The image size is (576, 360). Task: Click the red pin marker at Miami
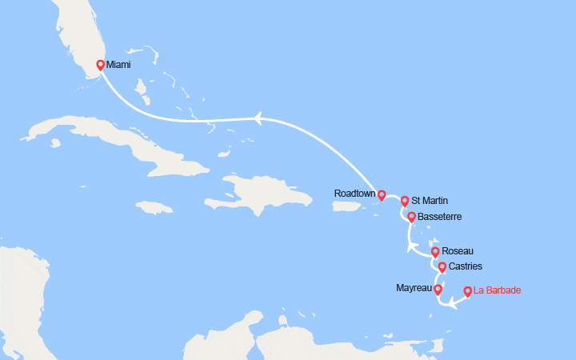(x=100, y=65)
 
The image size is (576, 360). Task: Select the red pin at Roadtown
(x=382, y=194)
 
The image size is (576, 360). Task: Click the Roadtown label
(x=356, y=194)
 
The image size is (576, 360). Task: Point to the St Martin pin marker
(x=405, y=201)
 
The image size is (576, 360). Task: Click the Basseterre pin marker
(x=411, y=217)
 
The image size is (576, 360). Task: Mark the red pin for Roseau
(x=435, y=251)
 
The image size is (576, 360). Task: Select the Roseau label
(x=457, y=251)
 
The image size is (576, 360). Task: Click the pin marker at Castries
(x=442, y=266)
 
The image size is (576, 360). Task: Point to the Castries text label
(x=466, y=266)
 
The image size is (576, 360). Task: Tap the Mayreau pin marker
(x=438, y=289)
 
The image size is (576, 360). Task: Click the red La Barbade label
(x=497, y=290)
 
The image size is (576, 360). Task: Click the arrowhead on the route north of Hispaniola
(x=258, y=119)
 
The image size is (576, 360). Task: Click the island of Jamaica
(x=154, y=206)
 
